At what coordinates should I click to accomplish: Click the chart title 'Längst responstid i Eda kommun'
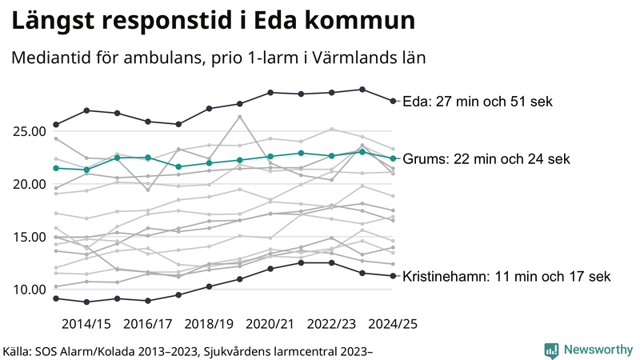(213, 22)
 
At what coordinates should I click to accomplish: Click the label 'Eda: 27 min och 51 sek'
(478, 102)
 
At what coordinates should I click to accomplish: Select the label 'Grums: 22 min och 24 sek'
(486, 159)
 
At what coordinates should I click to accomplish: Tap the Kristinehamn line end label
(506, 277)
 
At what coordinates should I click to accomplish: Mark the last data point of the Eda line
(393, 101)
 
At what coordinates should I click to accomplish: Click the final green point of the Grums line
(393, 158)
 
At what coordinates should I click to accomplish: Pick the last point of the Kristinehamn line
(393, 276)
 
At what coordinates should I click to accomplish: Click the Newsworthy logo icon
(551, 350)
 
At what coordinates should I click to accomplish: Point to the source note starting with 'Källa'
(189, 350)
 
